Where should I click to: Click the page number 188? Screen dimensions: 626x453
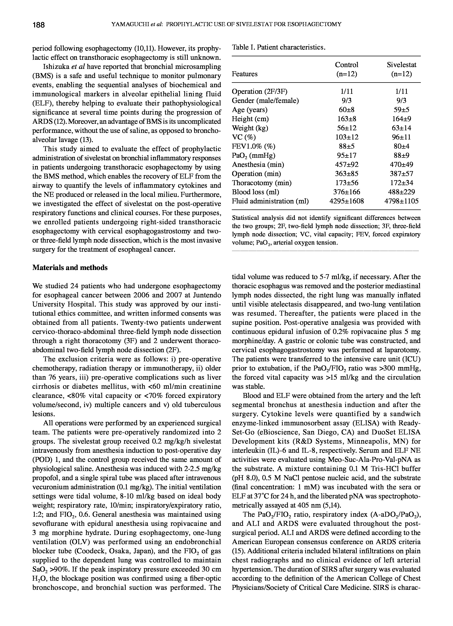point(38,25)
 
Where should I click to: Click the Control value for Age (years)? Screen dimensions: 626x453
point(347,110)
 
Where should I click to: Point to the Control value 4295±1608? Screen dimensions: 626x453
point(347,201)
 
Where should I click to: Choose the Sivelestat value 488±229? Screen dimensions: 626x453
point(401,192)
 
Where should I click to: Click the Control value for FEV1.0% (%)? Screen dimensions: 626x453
point(347,146)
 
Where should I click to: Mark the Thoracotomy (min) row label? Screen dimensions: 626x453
point(262,183)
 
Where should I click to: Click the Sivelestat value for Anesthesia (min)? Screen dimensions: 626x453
point(401,164)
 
